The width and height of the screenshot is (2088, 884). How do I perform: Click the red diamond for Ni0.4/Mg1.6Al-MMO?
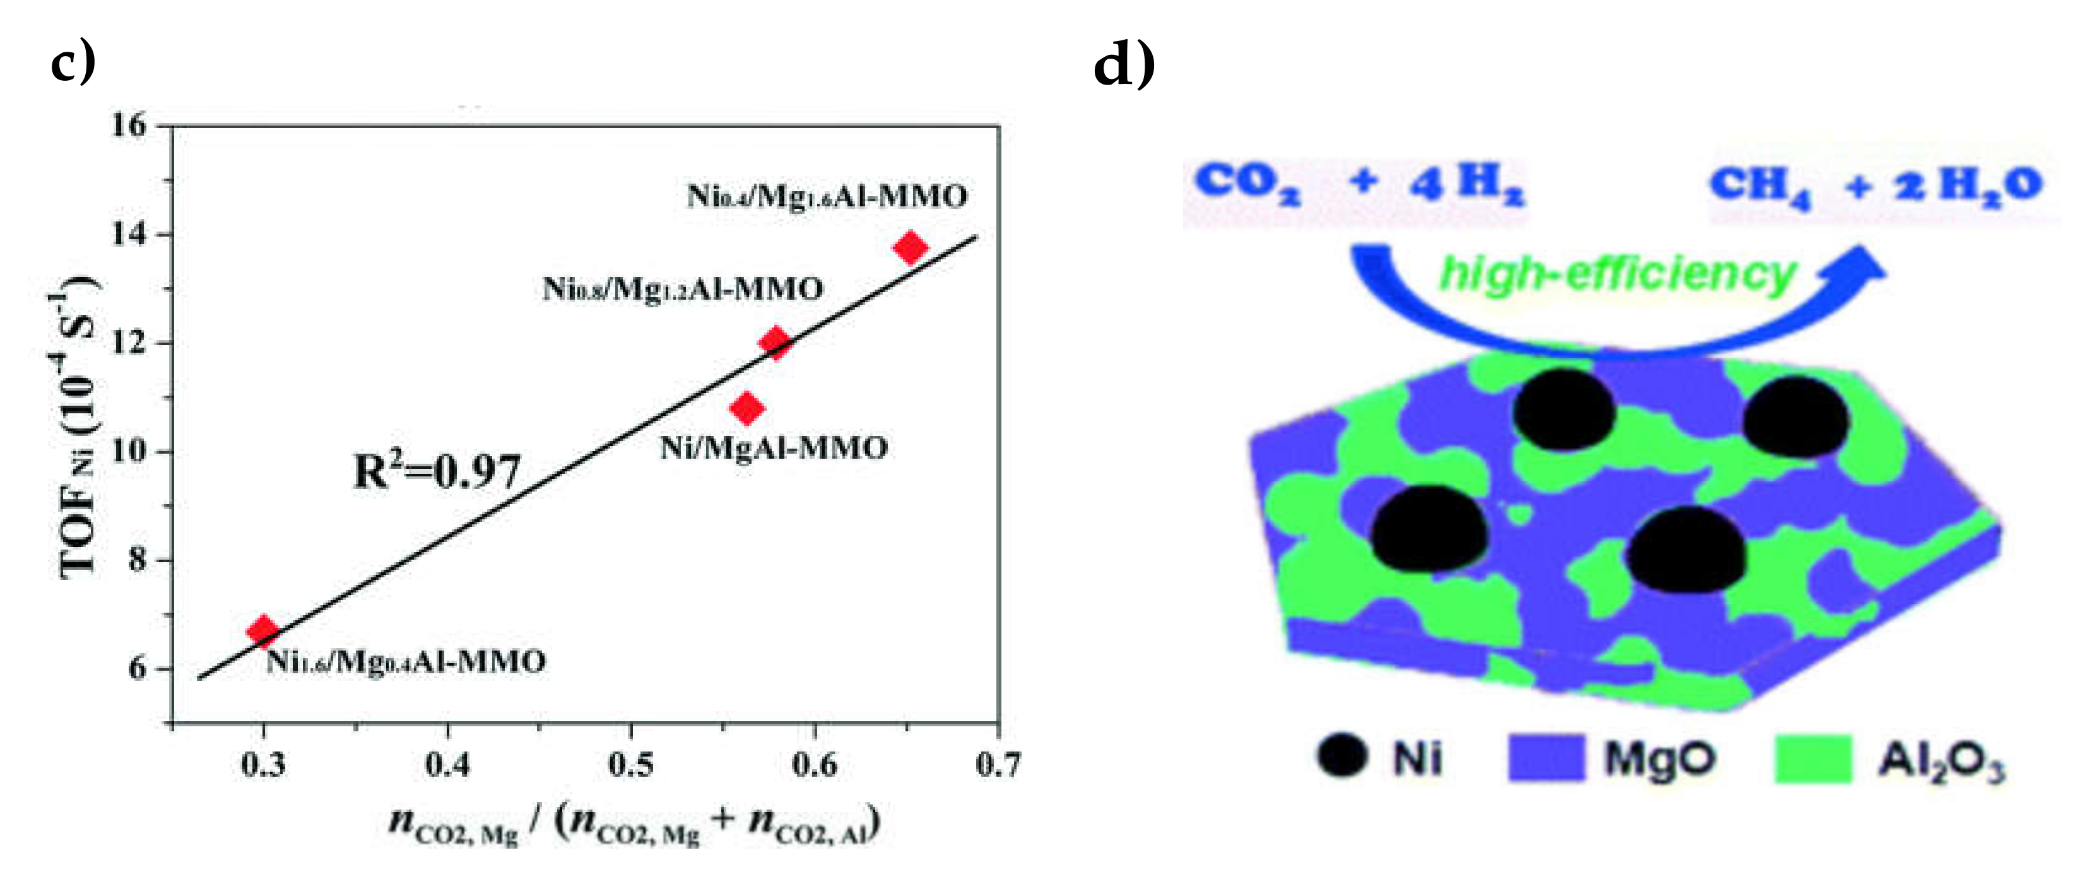911,247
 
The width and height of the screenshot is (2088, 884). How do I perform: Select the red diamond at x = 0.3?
263,630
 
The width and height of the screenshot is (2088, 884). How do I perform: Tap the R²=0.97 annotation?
437,471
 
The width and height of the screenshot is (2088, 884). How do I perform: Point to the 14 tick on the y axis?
130,235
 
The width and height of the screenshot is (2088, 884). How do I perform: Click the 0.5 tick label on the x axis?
630,765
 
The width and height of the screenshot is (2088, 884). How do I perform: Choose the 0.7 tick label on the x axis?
998,765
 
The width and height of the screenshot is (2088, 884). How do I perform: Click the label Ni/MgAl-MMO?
773,448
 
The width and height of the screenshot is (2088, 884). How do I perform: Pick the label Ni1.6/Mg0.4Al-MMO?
405,662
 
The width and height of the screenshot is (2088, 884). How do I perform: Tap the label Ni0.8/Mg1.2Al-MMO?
683,288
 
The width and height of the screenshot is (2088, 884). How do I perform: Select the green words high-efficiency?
1617,274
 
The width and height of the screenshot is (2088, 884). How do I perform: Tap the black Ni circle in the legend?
1342,756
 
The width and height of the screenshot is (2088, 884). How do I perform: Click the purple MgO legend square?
1546,758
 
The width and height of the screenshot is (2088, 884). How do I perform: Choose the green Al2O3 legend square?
1814,758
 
